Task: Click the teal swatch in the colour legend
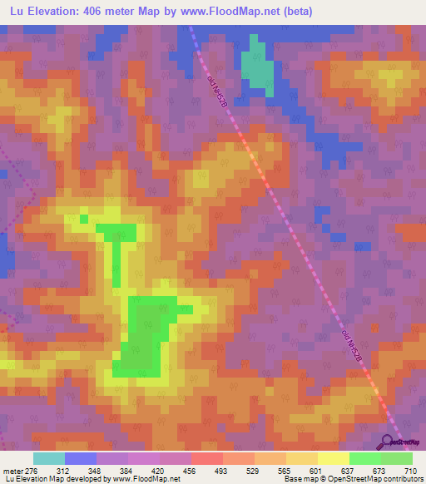[49, 458]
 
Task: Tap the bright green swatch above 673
[364, 458]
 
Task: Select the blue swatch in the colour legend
[81, 458]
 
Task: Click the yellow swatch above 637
[333, 458]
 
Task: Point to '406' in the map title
[99, 12]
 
